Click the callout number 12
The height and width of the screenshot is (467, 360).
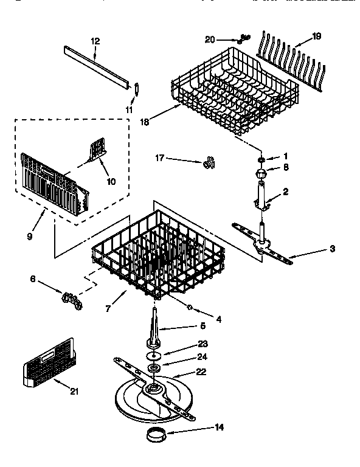click(x=95, y=41)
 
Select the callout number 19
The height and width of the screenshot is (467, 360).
click(x=316, y=37)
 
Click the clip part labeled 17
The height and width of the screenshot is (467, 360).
click(x=210, y=163)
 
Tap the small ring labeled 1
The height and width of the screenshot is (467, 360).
click(x=261, y=159)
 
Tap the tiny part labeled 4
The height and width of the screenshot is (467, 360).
click(x=190, y=306)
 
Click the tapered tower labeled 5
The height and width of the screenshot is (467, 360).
click(x=154, y=328)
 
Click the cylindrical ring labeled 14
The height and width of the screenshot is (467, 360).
click(x=156, y=435)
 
